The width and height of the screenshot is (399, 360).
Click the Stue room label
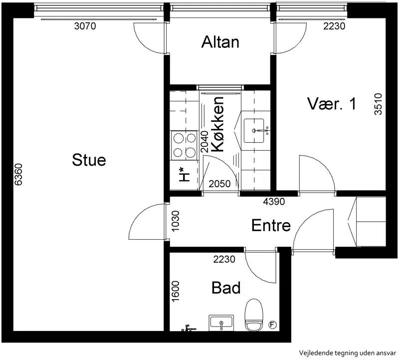[x=89, y=160]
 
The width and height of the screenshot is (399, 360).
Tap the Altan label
[x=220, y=42]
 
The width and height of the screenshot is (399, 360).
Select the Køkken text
[x=218, y=124]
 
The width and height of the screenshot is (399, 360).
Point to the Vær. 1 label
[x=332, y=104]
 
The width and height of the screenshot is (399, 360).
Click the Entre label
[x=271, y=226]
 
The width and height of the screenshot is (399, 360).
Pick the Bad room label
[x=226, y=288]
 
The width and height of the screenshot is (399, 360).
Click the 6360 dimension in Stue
[x=18, y=175]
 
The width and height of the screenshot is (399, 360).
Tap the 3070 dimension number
[x=85, y=26]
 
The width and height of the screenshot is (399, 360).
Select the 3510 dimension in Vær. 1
[x=378, y=104]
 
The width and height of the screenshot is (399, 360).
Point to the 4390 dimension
[x=274, y=202]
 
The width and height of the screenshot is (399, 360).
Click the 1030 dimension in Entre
[x=176, y=221]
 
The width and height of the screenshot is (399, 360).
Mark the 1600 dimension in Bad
[x=176, y=292]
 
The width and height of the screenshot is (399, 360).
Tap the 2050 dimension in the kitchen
[x=219, y=184]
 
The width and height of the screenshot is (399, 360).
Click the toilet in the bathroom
[x=253, y=315]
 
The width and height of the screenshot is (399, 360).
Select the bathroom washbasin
[x=221, y=323]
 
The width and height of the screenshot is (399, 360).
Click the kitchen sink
[x=254, y=131]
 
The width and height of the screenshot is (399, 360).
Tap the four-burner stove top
[x=185, y=145]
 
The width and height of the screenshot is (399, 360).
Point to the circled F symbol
[x=272, y=325]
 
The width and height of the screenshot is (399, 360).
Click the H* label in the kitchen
[x=185, y=175]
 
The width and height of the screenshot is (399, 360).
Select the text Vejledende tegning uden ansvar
[x=348, y=353]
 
